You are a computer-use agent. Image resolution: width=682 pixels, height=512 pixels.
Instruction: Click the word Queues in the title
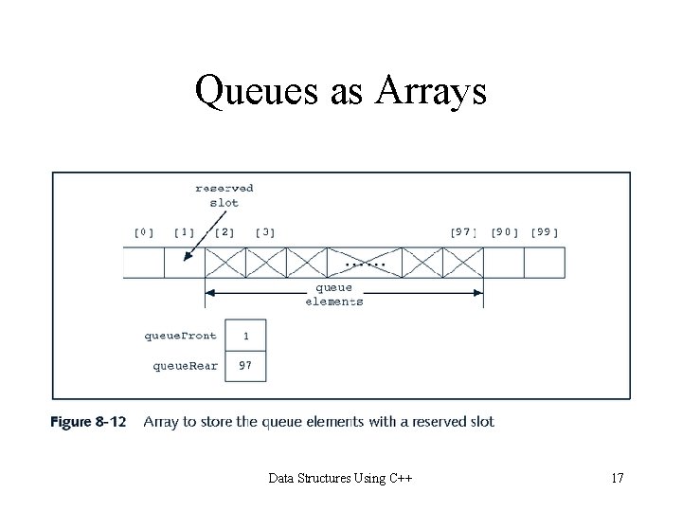tap(251, 92)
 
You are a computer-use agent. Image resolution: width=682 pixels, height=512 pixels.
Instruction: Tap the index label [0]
tap(144, 231)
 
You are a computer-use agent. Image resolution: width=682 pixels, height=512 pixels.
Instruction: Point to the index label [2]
tap(225, 231)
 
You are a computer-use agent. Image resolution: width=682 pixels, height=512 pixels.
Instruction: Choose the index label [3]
tap(266, 231)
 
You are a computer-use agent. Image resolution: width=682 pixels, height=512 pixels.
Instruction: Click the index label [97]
tap(464, 231)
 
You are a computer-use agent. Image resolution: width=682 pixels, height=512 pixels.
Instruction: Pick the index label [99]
tap(545, 231)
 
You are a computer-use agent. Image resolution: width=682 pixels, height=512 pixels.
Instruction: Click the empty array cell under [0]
tap(144, 263)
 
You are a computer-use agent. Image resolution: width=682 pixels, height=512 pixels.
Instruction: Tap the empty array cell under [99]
tap(545, 263)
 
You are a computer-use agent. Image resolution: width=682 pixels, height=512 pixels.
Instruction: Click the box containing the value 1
tap(246, 335)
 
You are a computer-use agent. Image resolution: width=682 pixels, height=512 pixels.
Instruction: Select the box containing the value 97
tap(246, 365)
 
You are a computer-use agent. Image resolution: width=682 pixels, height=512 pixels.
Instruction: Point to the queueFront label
tap(180, 335)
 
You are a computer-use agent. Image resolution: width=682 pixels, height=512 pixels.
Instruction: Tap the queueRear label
tap(186, 365)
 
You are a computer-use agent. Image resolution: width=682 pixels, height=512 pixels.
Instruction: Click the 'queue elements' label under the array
tap(332, 294)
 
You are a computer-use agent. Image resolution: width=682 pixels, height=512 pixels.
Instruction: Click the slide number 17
tap(617, 478)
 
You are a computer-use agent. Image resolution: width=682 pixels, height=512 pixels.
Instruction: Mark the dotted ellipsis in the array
tap(366, 263)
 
